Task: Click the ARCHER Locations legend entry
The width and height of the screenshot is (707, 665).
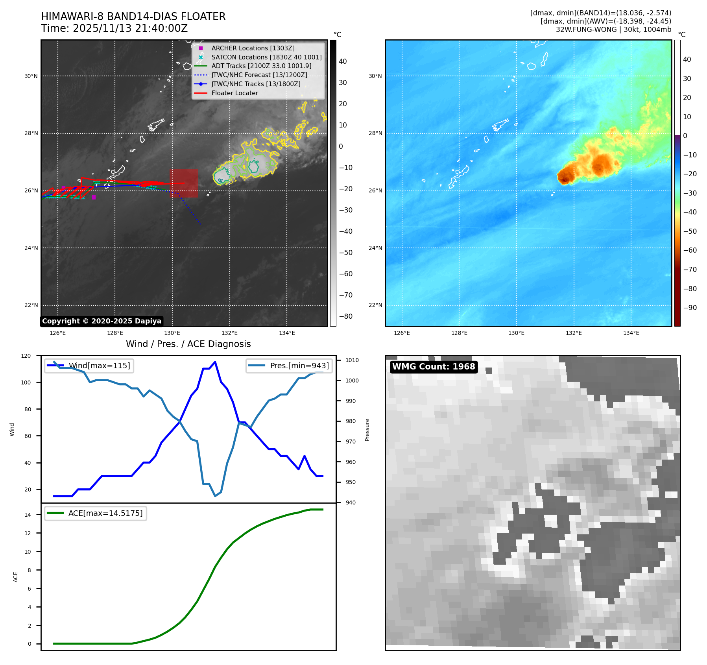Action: point(253,48)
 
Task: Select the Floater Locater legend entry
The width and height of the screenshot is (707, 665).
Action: point(234,93)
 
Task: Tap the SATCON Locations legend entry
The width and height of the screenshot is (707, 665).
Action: point(266,57)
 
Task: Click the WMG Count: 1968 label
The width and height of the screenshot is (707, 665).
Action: point(434,367)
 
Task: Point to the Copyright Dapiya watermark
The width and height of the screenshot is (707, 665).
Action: point(102,321)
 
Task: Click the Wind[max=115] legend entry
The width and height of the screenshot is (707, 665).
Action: point(99,366)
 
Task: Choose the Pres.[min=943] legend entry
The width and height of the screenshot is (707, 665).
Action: point(299,366)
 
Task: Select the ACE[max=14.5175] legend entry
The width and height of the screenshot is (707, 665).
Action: point(105,513)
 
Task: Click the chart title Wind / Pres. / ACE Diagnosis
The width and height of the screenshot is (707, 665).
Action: point(188,344)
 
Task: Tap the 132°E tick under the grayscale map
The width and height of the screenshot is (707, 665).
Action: point(229,333)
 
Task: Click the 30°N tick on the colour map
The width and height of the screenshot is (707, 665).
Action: point(375,76)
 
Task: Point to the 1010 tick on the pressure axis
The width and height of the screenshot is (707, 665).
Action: point(352,360)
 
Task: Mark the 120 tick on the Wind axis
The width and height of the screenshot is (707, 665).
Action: point(26,356)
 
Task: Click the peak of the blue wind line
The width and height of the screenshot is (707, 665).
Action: point(215,362)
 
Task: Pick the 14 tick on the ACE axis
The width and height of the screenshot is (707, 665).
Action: point(28,515)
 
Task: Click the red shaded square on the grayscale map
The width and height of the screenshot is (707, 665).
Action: point(184,183)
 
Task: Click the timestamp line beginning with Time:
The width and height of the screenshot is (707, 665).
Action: point(114,28)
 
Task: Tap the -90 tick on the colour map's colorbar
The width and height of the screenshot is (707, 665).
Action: point(690,308)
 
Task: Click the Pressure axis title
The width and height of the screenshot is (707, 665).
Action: point(367,430)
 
